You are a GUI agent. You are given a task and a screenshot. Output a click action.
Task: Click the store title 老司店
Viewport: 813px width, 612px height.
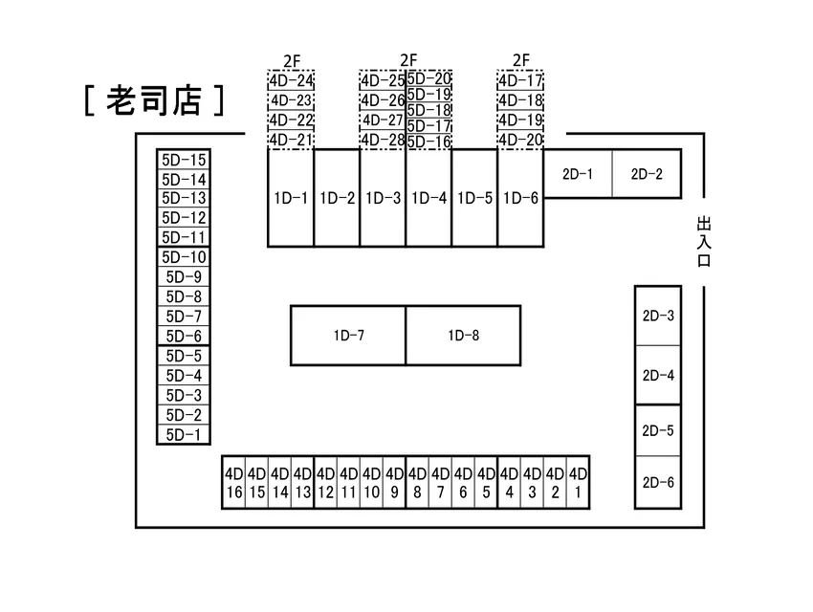coord(154,100)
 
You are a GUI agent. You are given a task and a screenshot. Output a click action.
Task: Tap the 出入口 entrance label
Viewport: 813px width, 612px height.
coord(704,242)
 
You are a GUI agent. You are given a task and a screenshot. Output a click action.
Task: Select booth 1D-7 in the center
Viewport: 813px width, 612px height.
coord(348,336)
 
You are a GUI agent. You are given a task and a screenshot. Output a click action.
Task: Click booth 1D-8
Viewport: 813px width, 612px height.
coord(464,336)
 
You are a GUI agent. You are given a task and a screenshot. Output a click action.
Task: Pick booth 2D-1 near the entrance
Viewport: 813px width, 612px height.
coord(578,174)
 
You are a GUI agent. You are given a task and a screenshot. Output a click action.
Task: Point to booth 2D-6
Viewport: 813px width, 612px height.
coord(658,483)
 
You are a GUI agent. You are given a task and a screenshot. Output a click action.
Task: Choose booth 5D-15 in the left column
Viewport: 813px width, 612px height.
coord(184,160)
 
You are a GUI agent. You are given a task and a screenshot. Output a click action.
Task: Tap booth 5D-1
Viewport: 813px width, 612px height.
coord(184,435)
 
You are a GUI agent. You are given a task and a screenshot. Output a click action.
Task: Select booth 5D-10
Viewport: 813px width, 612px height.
coord(184,257)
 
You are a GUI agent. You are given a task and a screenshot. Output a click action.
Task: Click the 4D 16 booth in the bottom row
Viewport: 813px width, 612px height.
coord(233,483)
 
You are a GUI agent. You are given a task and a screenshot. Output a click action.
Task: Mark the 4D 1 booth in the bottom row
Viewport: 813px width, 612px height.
coord(578,483)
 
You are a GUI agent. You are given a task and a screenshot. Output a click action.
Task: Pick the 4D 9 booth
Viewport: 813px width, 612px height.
coord(395,483)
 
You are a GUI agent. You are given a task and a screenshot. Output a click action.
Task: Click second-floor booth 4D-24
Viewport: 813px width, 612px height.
coord(292,81)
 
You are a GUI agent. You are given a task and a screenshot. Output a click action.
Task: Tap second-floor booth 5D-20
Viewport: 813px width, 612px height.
coord(428,78)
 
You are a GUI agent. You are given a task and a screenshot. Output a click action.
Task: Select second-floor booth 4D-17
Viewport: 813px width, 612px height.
coord(520,81)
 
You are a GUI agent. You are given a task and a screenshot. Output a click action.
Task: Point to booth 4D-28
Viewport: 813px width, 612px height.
coord(383,140)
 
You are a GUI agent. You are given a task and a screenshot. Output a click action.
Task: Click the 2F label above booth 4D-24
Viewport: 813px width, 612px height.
coord(292,61)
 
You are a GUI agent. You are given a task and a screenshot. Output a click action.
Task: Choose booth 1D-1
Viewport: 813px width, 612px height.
coord(291,198)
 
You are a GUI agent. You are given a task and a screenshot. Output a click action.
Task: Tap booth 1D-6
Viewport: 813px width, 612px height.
coord(520,198)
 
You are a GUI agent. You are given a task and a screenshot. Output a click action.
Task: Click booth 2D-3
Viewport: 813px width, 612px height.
coord(658,316)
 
